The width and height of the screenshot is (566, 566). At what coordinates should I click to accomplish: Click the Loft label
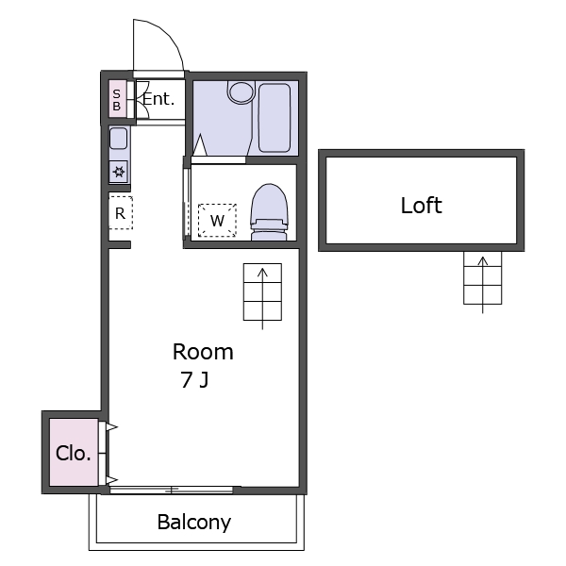coord(422,205)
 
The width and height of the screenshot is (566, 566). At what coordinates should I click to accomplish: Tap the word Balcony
coord(194,523)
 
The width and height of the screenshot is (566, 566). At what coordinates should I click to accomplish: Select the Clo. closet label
coord(73,453)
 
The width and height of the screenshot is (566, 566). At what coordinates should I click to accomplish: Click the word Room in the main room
coord(203,352)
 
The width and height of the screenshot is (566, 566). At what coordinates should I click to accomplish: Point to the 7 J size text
coord(194,380)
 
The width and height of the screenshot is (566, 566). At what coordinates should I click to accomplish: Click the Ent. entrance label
coord(158,98)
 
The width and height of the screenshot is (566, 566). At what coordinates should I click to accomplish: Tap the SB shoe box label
coord(116,100)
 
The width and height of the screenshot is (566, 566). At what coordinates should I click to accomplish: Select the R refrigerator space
coord(121,212)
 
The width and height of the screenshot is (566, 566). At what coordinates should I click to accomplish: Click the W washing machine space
coord(217,220)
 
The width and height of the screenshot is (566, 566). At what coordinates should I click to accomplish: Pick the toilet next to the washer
coord(269,212)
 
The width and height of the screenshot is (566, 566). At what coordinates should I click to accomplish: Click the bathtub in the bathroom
coord(275,118)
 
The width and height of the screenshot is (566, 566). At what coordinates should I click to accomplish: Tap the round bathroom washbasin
coord(241,92)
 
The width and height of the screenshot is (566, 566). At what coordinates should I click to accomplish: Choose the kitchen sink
coord(119,139)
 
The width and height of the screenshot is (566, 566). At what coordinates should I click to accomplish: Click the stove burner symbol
coord(119,171)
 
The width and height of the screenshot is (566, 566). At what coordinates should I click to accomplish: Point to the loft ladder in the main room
coord(262,292)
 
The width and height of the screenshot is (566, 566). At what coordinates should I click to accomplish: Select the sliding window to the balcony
coord(172,490)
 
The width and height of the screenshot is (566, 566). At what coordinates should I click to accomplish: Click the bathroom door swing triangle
coord(200,145)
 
